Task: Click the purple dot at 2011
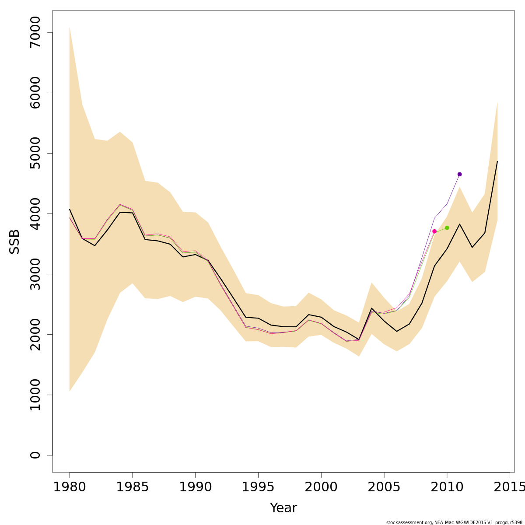[459, 174]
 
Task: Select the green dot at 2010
[447, 227]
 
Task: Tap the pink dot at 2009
[434, 231]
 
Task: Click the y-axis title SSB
[14, 241]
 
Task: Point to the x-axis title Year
[283, 508]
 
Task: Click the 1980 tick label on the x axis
[70, 486]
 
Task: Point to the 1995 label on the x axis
[258, 486]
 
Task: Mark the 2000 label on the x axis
[321, 486]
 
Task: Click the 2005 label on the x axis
[384, 486]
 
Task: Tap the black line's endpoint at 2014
[497, 161]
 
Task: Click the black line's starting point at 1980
[70, 209]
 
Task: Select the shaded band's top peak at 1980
[70, 28]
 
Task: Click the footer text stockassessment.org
[409, 522]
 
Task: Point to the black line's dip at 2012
[472, 247]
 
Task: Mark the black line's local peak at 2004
[371, 308]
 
